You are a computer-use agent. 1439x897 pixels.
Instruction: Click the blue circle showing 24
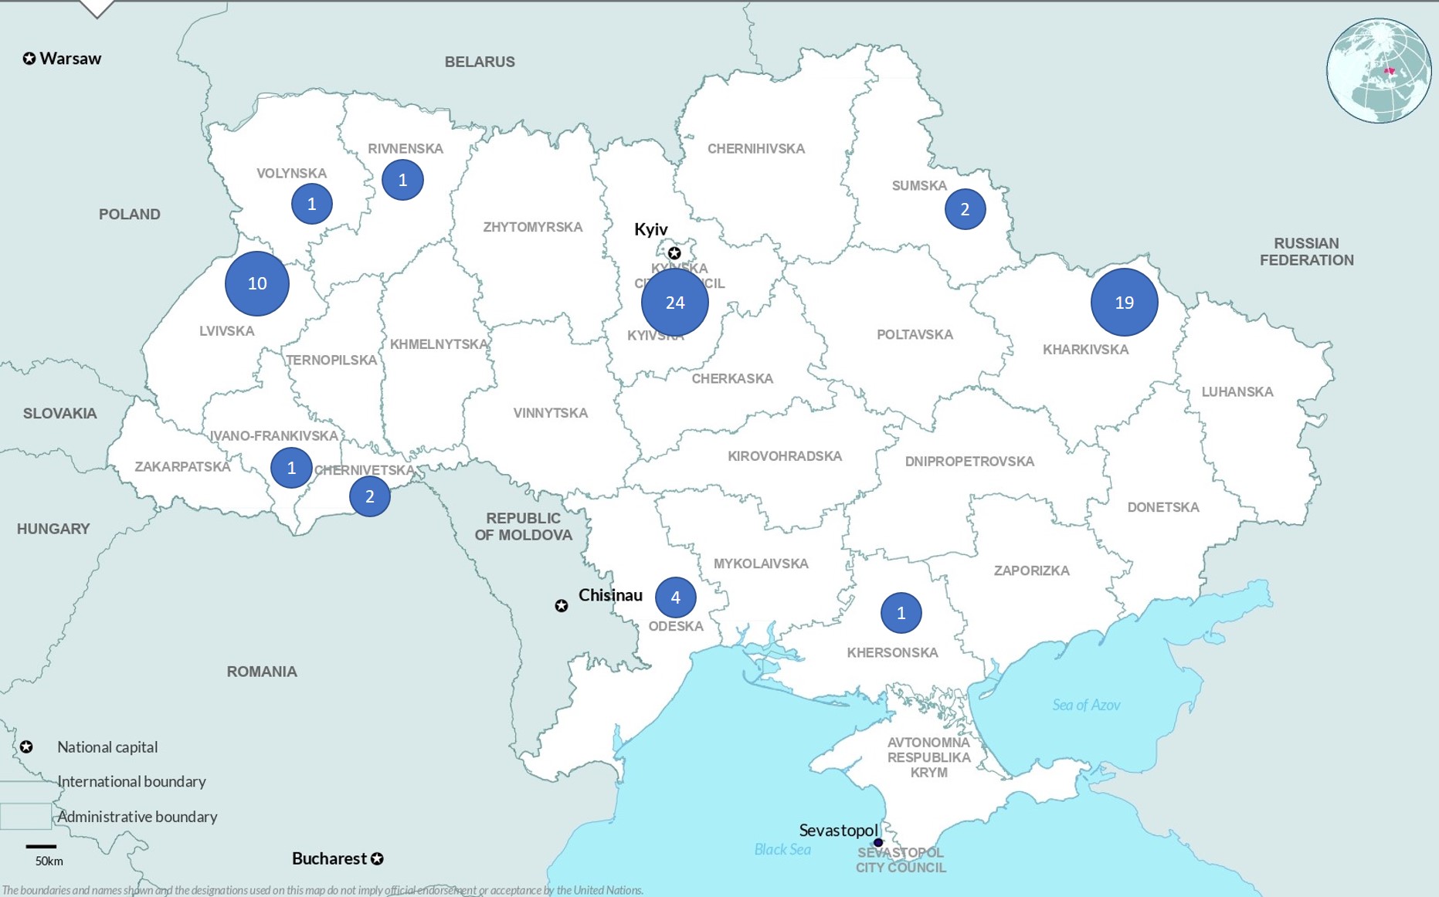(675, 302)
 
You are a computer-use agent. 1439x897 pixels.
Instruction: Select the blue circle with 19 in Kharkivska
(1124, 302)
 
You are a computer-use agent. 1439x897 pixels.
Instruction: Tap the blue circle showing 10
(257, 283)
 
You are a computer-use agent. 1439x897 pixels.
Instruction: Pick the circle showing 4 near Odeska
(675, 597)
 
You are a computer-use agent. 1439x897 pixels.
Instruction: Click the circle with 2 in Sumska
(965, 208)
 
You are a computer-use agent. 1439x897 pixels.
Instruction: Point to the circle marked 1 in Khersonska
(901, 613)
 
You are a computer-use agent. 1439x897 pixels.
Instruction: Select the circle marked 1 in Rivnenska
(402, 180)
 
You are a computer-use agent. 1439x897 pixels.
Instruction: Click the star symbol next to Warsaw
(29, 59)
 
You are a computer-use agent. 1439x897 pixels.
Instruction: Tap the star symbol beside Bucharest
(377, 858)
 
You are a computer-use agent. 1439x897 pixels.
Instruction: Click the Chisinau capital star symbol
(562, 606)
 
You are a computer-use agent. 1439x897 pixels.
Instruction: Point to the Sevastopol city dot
(878, 842)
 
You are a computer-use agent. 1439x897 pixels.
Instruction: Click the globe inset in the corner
(1379, 70)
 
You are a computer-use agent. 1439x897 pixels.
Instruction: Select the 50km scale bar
(41, 847)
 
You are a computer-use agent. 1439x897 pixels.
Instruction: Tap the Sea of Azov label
(1086, 705)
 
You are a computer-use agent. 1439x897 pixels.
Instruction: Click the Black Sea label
(782, 849)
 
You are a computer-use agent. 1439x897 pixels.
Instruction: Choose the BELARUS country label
(480, 62)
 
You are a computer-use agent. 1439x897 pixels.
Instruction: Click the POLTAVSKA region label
(915, 334)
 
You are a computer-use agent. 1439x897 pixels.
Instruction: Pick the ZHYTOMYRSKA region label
(532, 227)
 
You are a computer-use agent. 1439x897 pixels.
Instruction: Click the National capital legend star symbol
(26, 746)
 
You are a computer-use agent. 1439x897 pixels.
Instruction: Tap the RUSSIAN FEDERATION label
(1306, 252)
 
